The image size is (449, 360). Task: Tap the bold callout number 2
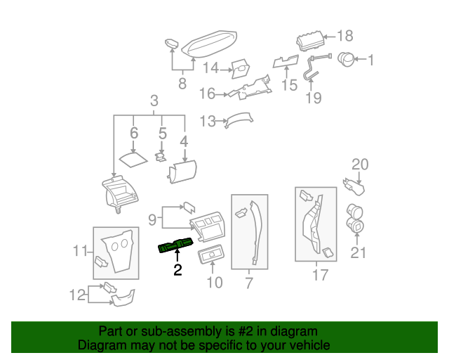point(177,269)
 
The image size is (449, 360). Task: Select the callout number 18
point(345,36)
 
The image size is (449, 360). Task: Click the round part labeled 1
point(347,60)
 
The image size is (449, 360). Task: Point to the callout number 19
point(314,98)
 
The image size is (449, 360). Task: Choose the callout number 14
point(211,68)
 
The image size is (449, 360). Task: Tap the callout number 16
point(206,93)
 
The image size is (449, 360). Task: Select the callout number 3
point(154,102)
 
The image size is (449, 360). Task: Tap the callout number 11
point(81,250)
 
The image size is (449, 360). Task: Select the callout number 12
point(79,295)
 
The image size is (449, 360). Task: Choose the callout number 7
point(249,284)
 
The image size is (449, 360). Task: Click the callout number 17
point(319,276)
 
